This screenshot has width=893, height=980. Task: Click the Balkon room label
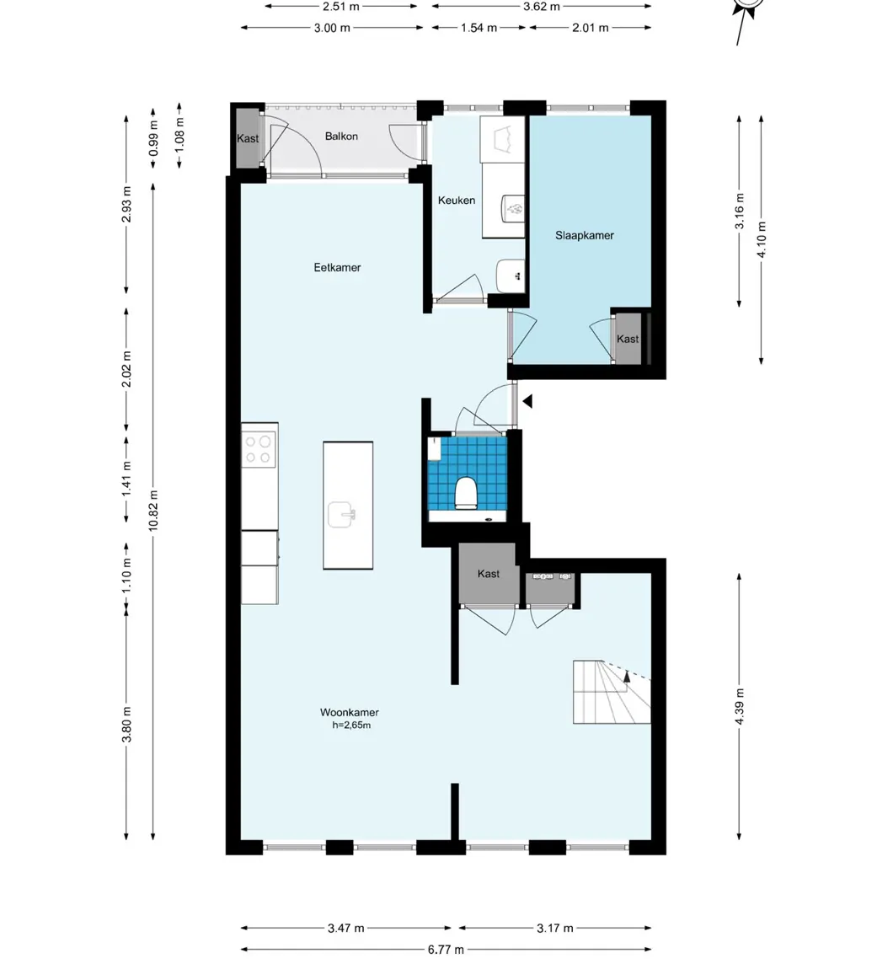point(341,137)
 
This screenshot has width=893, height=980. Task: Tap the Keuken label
point(456,201)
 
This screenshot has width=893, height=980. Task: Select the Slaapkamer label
point(584,236)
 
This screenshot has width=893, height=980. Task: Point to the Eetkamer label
point(337,268)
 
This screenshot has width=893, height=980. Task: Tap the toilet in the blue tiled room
point(465,493)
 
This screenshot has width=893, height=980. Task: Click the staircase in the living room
point(611,692)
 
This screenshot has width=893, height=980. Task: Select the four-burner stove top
point(259,448)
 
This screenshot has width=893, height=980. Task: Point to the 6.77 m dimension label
point(446,950)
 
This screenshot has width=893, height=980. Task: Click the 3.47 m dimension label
point(346,929)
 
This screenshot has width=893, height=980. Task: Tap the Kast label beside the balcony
point(248,139)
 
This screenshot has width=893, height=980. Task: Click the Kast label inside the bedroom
point(628,339)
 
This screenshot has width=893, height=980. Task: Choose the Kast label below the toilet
point(489,574)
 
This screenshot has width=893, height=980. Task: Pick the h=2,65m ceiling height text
point(351,725)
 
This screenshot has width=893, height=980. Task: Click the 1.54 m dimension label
point(479,27)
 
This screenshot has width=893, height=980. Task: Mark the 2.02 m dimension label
point(126,369)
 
